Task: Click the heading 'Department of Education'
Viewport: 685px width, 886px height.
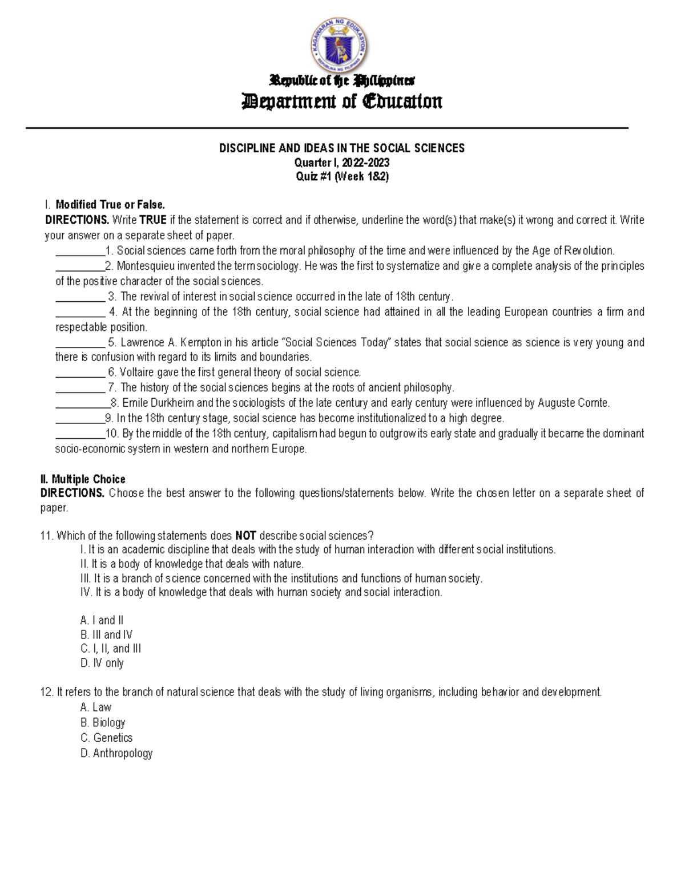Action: coord(342,102)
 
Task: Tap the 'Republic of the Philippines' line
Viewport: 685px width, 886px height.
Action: coord(342,80)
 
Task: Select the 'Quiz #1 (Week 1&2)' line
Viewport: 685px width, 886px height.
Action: coord(342,177)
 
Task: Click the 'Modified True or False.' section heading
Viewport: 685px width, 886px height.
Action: coord(110,205)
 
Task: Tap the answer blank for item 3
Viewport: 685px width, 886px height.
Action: coord(80,297)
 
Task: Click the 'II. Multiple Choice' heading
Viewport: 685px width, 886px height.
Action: coord(83,479)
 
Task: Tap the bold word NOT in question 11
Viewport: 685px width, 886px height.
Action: coord(245,536)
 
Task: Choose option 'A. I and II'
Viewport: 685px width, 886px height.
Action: coord(102,620)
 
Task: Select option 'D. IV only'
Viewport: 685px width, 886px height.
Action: coord(102,663)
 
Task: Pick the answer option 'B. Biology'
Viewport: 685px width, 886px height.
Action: coord(103,723)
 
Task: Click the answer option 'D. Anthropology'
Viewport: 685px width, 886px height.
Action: coord(116,753)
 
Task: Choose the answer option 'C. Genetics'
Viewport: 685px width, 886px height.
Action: coord(107,738)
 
